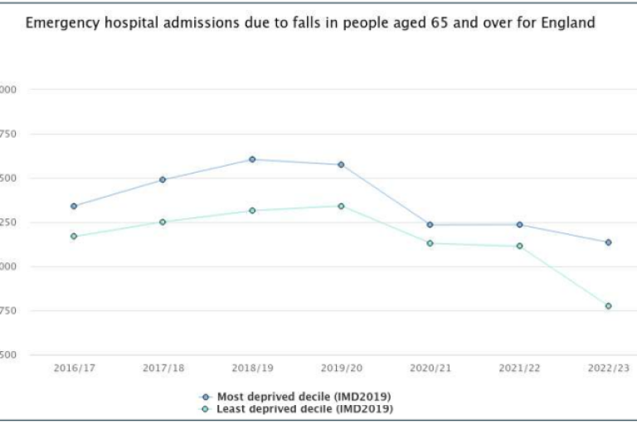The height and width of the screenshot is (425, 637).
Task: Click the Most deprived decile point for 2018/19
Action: (x=252, y=159)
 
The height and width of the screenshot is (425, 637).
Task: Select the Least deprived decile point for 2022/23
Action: (x=608, y=306)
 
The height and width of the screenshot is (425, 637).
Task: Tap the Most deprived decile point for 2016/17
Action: (x=74, y=206)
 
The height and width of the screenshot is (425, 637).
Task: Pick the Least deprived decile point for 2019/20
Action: (x=341, y=206)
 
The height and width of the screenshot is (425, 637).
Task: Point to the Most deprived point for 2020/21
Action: (x=430, y=225)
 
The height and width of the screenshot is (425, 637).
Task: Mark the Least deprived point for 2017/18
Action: (x=163, y=222)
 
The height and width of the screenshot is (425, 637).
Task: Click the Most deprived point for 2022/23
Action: (x=608, y=242)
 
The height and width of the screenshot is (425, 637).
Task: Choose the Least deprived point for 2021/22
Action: (x=519, y=246)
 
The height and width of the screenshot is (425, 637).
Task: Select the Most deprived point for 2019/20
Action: (x=341, y=164)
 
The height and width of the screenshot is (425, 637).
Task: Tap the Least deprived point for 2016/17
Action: (x=74, y=237)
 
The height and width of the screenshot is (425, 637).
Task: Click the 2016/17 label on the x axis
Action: (x=74, y=368)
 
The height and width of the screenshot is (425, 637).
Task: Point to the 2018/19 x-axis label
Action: (x=252, y=368)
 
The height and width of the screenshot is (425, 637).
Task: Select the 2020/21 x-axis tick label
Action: (x=430, y=368)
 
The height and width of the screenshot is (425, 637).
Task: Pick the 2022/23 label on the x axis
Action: (x=608, y=368)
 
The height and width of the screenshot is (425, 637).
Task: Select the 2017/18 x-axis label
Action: (x=163, y=368)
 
